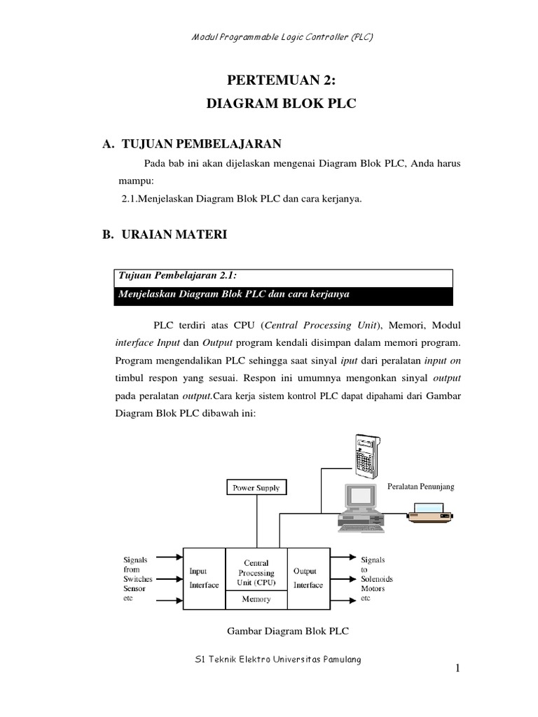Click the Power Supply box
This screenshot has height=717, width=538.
tap(256, 487)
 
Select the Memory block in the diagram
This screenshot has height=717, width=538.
tap(256, 599)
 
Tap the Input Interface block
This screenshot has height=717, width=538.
tap(204, 578)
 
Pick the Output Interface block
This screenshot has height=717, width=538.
tap(308, 578)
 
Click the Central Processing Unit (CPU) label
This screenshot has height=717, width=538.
tap(256, 572)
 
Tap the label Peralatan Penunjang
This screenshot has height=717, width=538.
tap(420, 487)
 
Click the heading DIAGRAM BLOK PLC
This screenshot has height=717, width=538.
tap(282, 104)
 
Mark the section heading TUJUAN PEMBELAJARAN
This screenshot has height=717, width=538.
tap(201, 144)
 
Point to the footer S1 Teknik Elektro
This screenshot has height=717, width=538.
tap(279, 662)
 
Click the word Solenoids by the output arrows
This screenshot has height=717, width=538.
tap(376, 580)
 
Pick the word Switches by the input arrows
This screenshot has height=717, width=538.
tap(138, 580)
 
